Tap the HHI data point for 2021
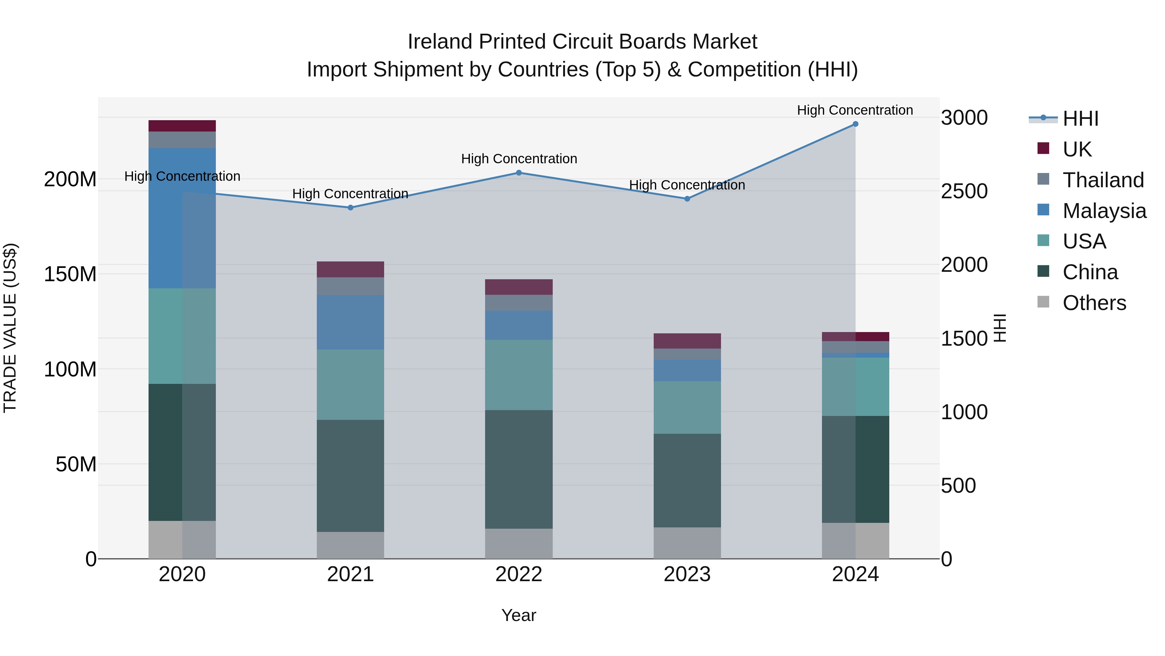tap(350, 208)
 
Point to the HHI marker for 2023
tap(687, 199)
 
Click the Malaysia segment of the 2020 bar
tap(182, 218)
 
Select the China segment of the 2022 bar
tap(519, 469)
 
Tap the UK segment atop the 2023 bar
tap(687, 341)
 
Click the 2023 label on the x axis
tap(687, 574)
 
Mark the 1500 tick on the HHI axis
tap(964, 339)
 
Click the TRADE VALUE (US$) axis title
tap(10, 328)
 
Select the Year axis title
tap(519, 615)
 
